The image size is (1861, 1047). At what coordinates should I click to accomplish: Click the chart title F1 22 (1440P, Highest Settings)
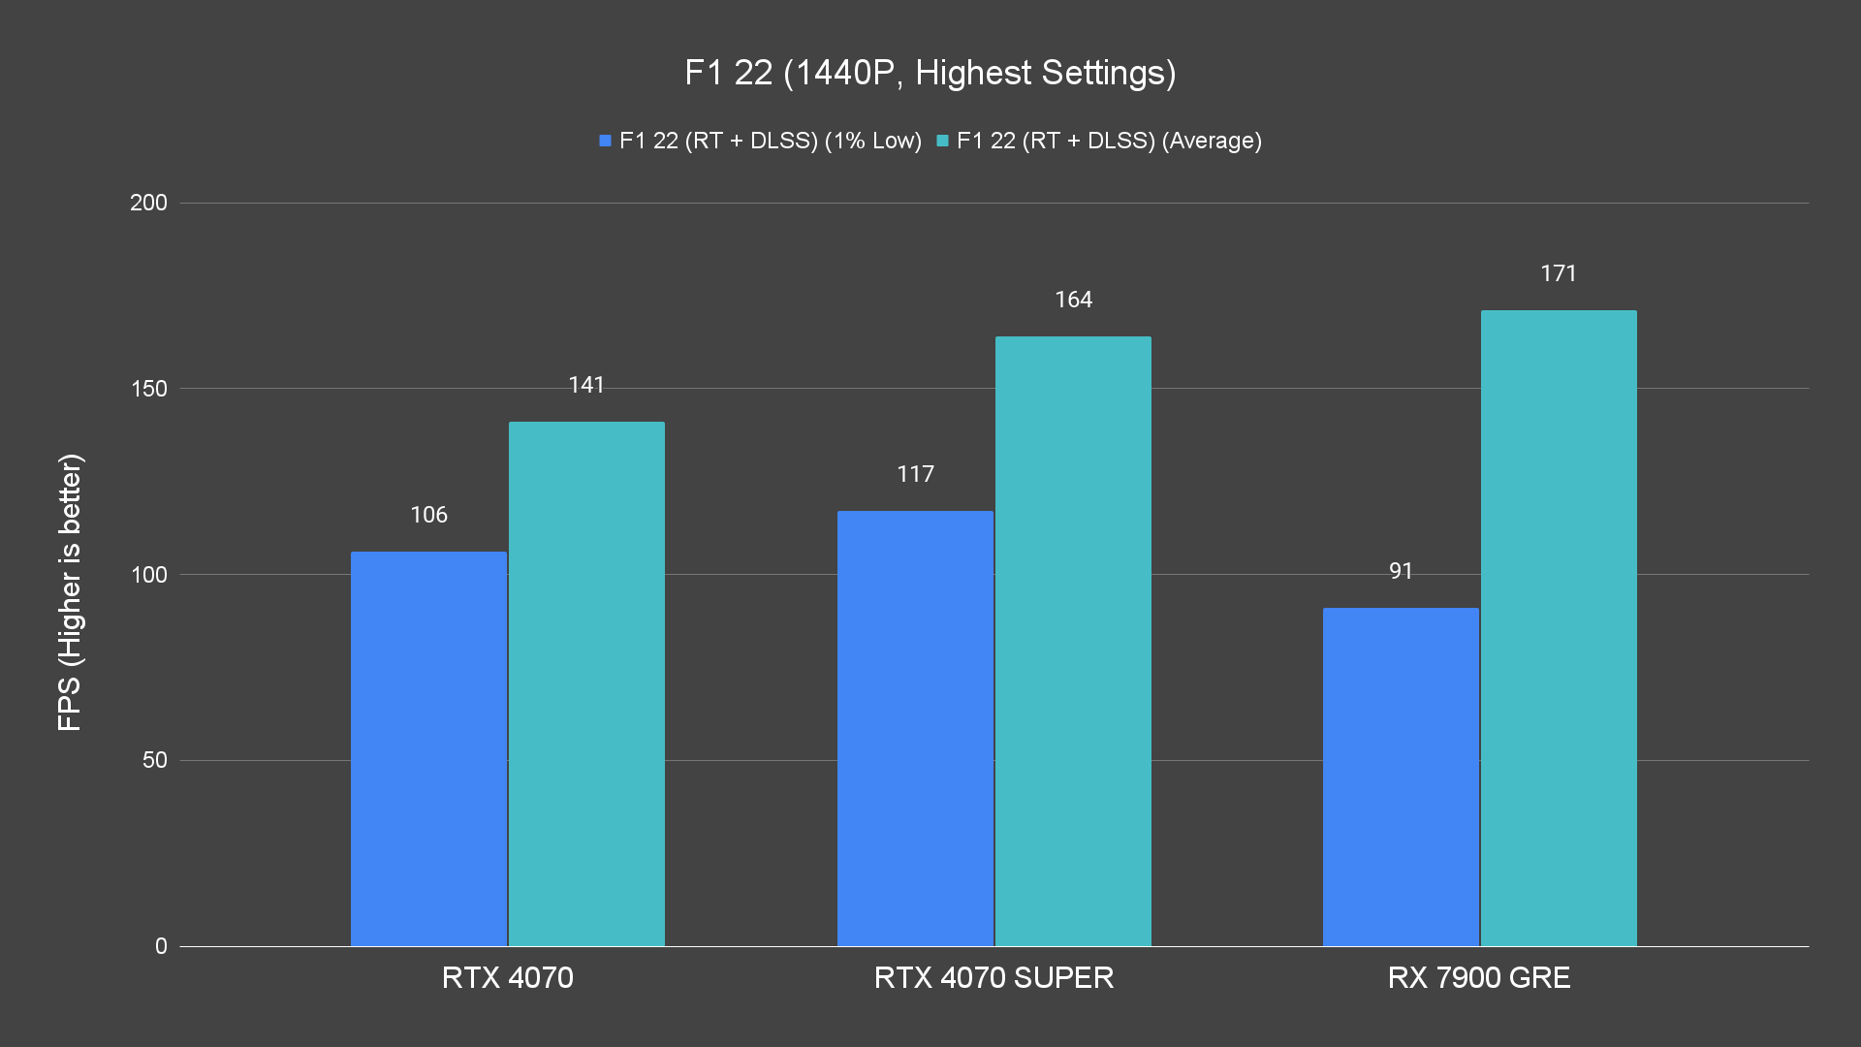930,73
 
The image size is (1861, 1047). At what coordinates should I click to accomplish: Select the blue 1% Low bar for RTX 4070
428,748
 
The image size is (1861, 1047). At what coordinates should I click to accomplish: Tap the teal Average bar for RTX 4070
586,683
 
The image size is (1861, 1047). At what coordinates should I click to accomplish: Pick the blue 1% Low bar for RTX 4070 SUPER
915,728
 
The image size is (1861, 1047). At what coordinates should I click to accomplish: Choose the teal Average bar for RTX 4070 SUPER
1073,641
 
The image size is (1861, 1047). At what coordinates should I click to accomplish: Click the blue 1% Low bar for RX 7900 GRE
1401,777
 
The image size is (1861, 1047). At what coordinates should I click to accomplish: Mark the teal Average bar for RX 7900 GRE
1559,628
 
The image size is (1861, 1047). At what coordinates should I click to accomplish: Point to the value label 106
428,515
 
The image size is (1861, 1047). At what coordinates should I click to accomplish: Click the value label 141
586,385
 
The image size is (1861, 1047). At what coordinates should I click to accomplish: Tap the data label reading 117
915,474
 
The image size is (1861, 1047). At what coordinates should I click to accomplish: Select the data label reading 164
1073,300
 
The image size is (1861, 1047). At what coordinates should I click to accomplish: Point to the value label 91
1401,571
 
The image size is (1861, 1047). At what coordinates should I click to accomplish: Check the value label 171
1559,273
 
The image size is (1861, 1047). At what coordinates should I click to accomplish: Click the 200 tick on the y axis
148,203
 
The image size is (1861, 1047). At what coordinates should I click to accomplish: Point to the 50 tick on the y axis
155,760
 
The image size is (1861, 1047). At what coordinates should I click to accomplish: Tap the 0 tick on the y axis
161,946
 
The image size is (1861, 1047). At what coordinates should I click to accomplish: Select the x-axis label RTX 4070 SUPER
994,977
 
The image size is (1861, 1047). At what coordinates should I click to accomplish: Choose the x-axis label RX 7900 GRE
1479,977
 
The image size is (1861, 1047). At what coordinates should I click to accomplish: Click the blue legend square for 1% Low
605,141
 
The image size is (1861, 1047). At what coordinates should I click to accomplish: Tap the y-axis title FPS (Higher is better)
70,591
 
